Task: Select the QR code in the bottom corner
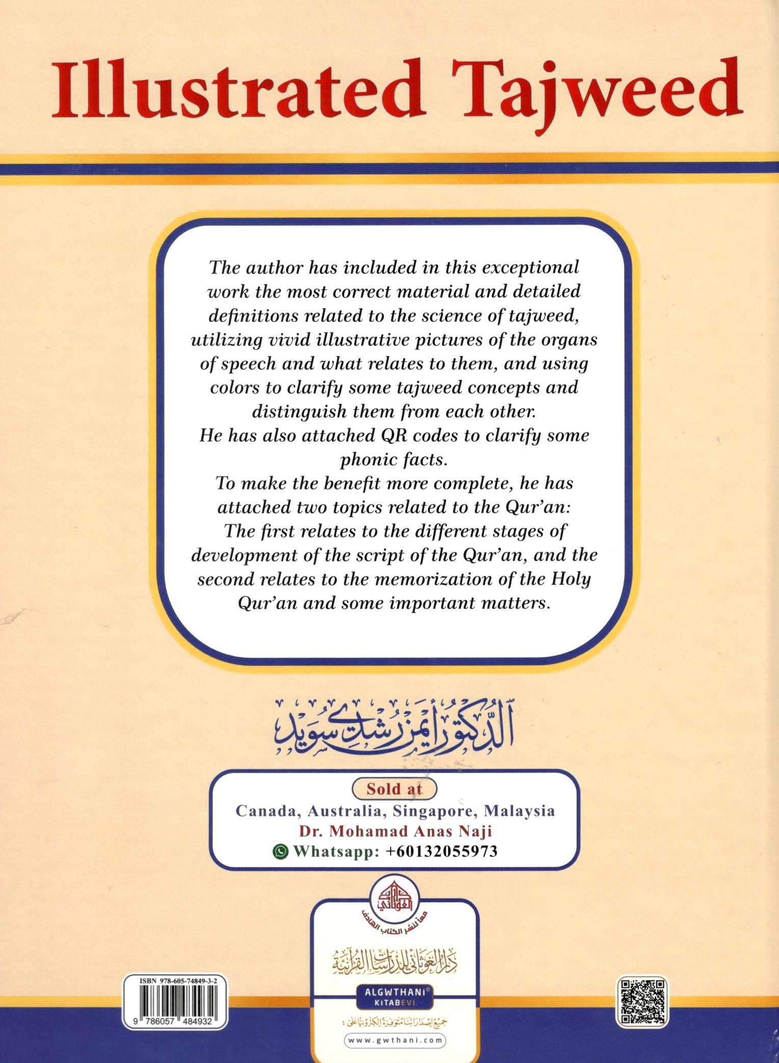pyautogui.click(x=642, y=1001)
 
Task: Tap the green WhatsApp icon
pyautogui.click(x=281, y=851)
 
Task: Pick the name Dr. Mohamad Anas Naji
pyautogui.click(x=395, y=831)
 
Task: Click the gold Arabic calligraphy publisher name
pyautogui.click(x=394, y=961)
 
